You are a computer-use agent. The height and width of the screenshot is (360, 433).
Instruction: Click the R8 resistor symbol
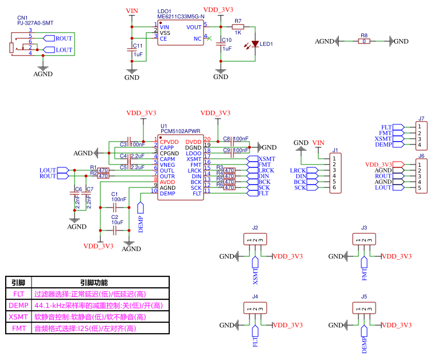[x=364, y=41]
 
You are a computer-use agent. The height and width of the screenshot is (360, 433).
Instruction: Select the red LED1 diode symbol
[x=255, y=44]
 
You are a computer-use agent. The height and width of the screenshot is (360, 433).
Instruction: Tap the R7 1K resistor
[x=238, y=26]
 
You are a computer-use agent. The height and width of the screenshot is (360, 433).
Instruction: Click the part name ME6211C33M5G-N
[x=181, y=17]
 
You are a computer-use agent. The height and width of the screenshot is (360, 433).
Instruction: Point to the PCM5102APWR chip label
[x=181, y=131]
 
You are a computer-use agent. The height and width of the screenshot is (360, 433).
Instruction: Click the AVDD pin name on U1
[x=167, y=182]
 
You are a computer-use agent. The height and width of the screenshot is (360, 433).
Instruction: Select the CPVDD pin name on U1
[x=170, y=142]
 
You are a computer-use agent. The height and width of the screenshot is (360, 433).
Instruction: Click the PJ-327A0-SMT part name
[x=36, y=23]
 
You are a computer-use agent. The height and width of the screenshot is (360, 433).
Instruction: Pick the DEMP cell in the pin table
[x=18, y=305]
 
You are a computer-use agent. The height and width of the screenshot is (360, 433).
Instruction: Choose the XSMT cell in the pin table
[x=18, y=316]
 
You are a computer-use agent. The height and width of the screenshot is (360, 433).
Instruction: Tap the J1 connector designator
[x=336, y=150]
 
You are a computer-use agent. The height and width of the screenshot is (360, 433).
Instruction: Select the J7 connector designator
[x=421, y=119]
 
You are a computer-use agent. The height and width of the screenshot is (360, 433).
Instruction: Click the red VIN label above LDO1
[x=132, y=11]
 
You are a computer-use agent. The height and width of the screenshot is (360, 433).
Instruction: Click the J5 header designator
[x=364, y=296]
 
